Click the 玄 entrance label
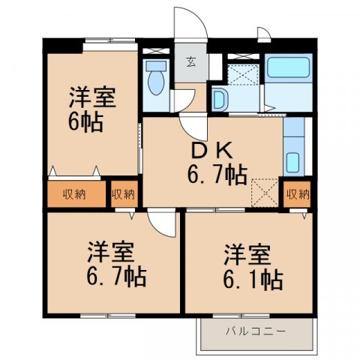[x=191, y=62]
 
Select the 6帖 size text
[x=86, y=122]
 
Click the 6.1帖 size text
[x=252, y=280]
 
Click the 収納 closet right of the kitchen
[x=298, y=194]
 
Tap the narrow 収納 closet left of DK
[x=124, y=195]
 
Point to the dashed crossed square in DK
[x=265, y=190]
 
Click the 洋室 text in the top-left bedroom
[x=93, y=97]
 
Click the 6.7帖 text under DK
[x=217, y=176]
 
